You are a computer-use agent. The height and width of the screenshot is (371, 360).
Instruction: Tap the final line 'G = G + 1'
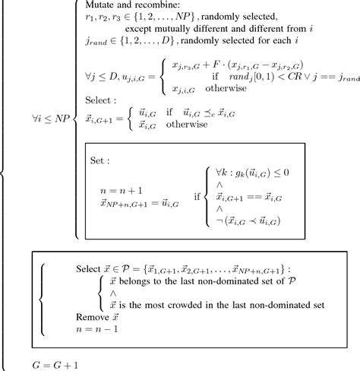click(x=48, y=363)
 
